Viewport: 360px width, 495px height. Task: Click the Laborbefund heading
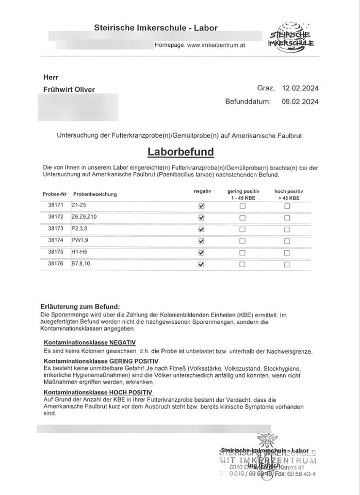(x=181, y=152)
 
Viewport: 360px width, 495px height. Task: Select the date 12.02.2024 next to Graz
(x=301, y=89)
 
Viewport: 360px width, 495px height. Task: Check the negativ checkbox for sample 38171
(x=201, y=206)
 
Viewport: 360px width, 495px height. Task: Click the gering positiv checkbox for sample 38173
(x=242, y=229)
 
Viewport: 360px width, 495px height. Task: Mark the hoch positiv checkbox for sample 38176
(x=287, y=265)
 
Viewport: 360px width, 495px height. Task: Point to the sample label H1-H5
(x=79, y=253)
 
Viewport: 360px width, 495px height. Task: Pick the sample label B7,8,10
(x=81, y=265)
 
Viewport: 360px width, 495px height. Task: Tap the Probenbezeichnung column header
(x=95, y=194)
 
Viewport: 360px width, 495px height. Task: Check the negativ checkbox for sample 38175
(x=201, y=253)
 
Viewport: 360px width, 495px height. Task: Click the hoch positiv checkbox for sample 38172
(x=287, y=217)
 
